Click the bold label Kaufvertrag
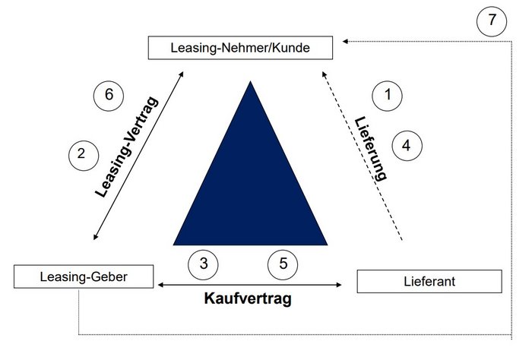point(248,298)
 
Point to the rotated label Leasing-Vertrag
point(127,147)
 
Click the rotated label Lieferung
point(371,148)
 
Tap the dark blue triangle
point(250,190)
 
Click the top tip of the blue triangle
point(250,81)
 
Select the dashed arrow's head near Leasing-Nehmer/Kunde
point(325,74)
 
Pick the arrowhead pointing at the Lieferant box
point(339,285)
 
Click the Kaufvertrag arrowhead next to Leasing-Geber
point(161,285)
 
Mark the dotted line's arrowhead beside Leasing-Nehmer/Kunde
point(345,41)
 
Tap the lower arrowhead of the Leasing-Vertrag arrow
point(95,237)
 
